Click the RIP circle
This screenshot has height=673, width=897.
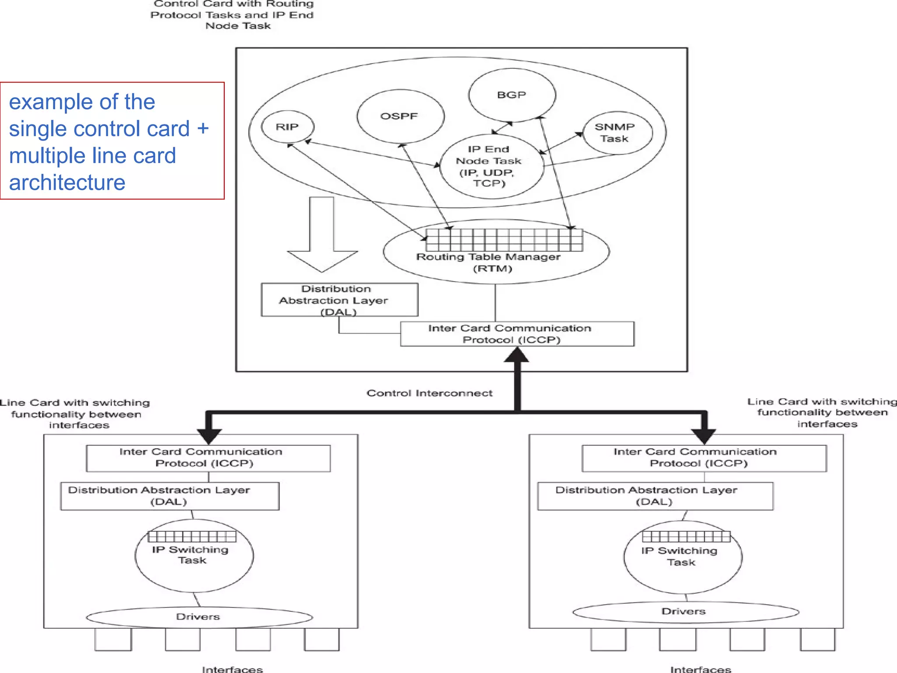point(287,127)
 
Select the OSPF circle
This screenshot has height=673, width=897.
point(400,117)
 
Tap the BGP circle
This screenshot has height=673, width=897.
point(512,95)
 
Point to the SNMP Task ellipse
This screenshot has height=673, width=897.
point(617,133)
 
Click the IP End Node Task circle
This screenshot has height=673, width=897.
point(491,166)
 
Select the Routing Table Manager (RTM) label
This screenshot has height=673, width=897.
point(488,262)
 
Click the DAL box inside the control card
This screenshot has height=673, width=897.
point(339,300)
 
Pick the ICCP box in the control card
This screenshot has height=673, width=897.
point(516,334)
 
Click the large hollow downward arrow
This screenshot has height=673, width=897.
point(322,237)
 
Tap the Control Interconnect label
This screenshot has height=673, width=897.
point(429,393)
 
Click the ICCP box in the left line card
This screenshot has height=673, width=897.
point(208,458)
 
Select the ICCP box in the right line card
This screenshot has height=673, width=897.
point(703,458)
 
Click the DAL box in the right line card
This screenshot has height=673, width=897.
point(655,496)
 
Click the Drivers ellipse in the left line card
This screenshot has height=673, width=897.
point(199,617)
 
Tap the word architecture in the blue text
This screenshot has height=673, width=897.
point(67,182)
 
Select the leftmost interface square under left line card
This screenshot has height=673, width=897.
point(113,639)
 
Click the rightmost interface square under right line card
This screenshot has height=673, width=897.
point(817,639)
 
